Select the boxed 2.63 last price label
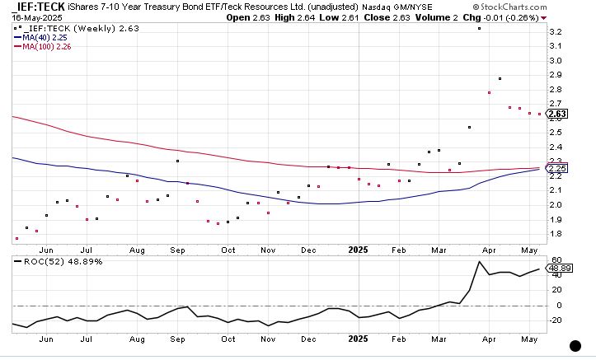pyautogui.click(x=557, y=114)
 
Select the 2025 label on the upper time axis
pyautogui.click(x=358, y=249)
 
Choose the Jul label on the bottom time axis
pyautogui.click(x=86, y=338)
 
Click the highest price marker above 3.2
pyautogui.click(x=479, y=29)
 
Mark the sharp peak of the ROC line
pyautogui.click(x=479, y=262)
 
